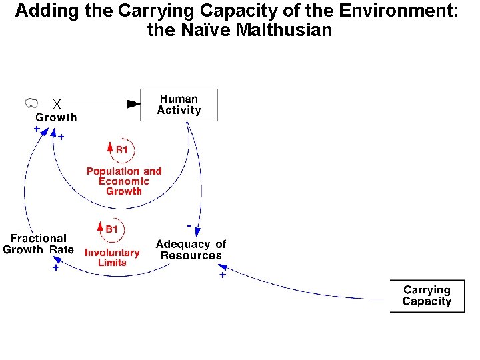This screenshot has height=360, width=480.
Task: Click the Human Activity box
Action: [179, 105]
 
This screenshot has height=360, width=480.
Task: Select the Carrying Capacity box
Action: [427, 296]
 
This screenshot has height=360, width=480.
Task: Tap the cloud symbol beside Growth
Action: [31, 103]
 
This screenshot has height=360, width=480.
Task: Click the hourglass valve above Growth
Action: [57, 103]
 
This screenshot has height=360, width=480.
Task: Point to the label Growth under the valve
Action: [56, 117]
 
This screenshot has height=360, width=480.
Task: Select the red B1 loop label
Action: [111, 229]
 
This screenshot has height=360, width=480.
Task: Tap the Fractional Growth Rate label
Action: [39, 244]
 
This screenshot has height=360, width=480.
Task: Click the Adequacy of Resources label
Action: [191, 250]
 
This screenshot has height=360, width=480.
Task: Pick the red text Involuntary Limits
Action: [112, 257]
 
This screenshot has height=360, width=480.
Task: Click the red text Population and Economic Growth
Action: [124, 181]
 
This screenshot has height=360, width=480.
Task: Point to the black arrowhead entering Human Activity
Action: [134, 103]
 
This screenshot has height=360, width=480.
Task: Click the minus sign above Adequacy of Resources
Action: [189, 226]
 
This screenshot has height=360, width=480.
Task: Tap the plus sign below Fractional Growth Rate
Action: [55, 268]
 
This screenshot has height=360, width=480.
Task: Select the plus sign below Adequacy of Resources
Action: [222, 274]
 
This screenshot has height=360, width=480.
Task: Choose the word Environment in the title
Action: [403, 11]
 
